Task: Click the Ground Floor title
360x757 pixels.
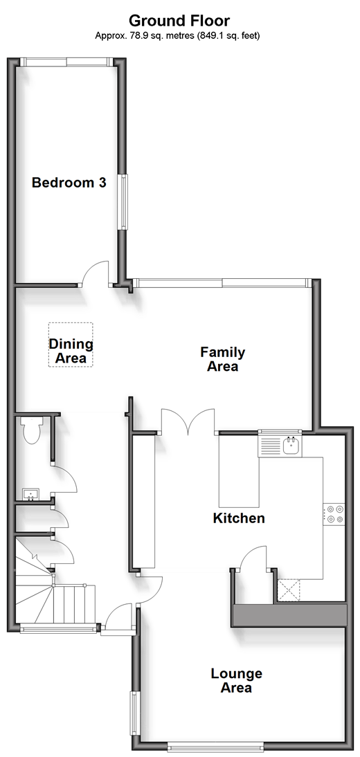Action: [x=179, y=21]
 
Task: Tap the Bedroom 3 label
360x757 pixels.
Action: [x=69, y=183]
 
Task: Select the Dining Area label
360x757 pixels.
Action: [x=71, y=351]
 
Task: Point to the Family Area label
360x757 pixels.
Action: [x=223, y=359]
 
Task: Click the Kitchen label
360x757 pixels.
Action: [x=240, y=518]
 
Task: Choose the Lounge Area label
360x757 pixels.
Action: [x=236, y=680]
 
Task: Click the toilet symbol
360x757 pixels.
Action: [x=32, y=430]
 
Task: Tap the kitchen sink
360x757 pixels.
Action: [x=291, y=446]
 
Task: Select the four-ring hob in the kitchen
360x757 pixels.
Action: [x=334, y=513]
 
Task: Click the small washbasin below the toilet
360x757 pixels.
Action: [x=30, y=494]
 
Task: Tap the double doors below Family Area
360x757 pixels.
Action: [x=188, y=421]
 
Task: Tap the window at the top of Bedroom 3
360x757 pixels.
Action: [x=67, y=62]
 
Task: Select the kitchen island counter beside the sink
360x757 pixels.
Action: [x=240, y=471]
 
